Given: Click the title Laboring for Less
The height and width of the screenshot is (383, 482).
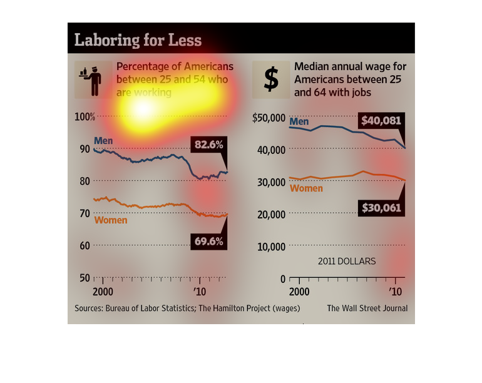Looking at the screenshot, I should click(x=138, y=40).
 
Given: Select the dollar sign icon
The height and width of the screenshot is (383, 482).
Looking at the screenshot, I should click(x=271, y=79).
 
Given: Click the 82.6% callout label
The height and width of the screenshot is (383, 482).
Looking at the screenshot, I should click(x=209, y=145).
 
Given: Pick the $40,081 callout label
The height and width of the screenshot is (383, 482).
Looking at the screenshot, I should click(x=381, y=121).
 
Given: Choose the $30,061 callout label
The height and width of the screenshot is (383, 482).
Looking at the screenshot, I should click(x=381, y=208).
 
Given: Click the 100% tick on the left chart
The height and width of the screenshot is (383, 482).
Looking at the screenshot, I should click(x=85, y=117).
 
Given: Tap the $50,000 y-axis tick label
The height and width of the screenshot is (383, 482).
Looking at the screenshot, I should click(x=269, y=118).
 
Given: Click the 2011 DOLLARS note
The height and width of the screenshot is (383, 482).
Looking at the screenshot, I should click(x=346, y=261).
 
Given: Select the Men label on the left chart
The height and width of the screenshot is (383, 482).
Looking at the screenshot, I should click(x=103, y=140).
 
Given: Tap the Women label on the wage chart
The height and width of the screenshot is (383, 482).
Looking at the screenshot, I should click(x=306, y=188).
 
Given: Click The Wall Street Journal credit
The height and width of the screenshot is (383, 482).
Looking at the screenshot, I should click(x=367, y=308).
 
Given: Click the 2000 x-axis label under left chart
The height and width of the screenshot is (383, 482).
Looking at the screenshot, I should click(x=103, y=292).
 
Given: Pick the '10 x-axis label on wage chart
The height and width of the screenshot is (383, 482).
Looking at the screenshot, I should click(x=395, y=292).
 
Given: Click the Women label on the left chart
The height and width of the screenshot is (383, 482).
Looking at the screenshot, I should click(x=110, y=220).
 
